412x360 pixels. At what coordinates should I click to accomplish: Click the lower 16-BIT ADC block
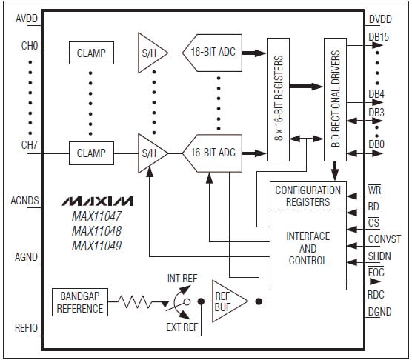click(212, 153)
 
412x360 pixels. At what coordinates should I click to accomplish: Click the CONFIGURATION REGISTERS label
click(308, 196)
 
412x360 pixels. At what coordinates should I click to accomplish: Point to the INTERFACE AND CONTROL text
click(308, 249)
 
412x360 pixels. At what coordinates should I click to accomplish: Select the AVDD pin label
click(26, 17)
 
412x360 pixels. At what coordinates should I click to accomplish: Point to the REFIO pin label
click(26, 325)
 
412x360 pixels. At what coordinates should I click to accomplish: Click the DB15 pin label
click(379, 37)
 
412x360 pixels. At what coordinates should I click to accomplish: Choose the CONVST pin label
click(383, 239)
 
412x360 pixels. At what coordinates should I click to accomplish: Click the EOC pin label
click(377, 273)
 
